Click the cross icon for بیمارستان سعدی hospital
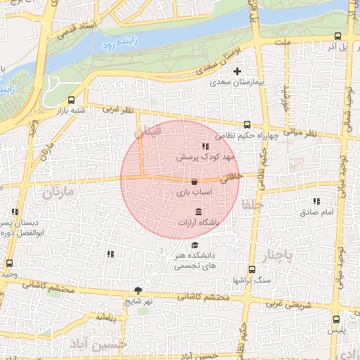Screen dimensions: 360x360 (237, 71)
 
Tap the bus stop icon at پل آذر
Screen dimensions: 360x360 (337, 37)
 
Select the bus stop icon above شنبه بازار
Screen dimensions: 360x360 (71, 100)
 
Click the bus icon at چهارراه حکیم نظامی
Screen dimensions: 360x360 (246, 124)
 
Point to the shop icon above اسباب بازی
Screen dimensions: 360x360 (193, 181)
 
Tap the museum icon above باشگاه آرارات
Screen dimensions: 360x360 (198, 212)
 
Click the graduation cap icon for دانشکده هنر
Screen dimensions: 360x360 (195, 245)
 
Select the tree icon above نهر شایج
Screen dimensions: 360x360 (138, 290)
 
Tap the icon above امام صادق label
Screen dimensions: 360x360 (326, 201)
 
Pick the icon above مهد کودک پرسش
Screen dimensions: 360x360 (205, 146)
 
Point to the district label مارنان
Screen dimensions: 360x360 (58, 191)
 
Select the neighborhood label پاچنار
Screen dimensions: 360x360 (276, 255)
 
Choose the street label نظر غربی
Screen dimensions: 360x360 (117, 109)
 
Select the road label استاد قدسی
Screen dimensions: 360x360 (75, 30)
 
